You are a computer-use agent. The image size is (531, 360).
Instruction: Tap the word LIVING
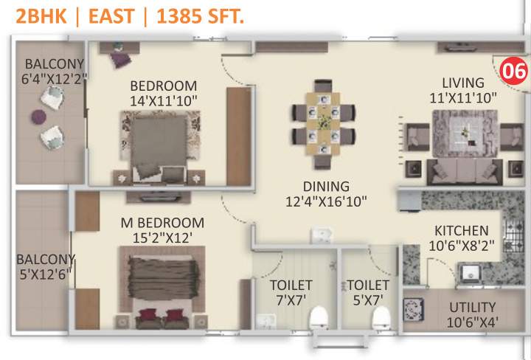click(463, 83)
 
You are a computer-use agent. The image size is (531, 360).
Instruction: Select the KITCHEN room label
click(461, 231)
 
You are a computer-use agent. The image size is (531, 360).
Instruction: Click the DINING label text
click(325, 187)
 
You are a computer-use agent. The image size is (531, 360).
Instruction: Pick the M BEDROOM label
click(162, 223)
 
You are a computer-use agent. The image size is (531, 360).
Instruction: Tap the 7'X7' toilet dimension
click(291, 300)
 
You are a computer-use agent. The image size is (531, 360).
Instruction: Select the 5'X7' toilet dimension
click(368, 300)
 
